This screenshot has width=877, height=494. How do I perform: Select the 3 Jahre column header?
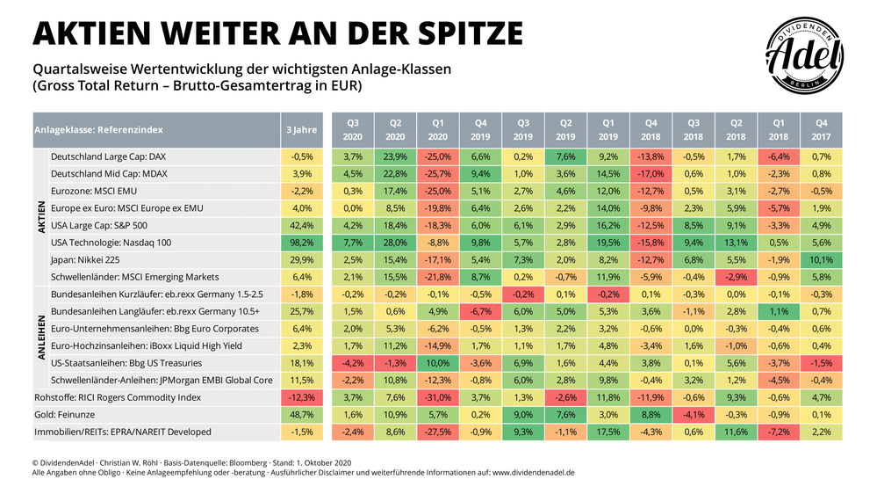pos(301,130)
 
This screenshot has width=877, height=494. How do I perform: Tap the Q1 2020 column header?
pos(437,130)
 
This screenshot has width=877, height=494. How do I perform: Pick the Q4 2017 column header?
pos(821,130)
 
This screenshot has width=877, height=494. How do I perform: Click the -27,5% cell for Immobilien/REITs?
pos(437,432)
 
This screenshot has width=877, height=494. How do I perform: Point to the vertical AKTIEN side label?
pos(40,215)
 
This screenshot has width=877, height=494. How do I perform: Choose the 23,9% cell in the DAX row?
pos(395,156)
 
